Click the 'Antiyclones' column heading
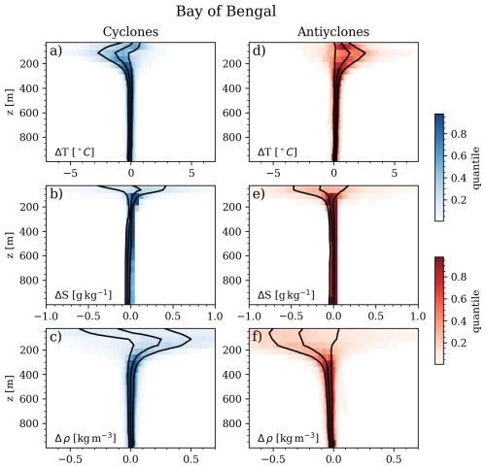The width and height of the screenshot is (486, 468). tap(332, 31)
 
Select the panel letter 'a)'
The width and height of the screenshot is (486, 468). tap(57, 50)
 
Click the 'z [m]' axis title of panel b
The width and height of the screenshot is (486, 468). tap(9, 244)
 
